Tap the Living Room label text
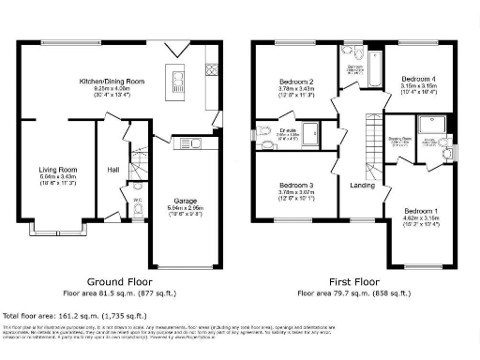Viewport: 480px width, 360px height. (x=59, y=170)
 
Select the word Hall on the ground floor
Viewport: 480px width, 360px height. (x=112, y=170)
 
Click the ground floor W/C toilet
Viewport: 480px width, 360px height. (x=138, y=212)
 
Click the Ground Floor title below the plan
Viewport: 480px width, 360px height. (x=119, y=281)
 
